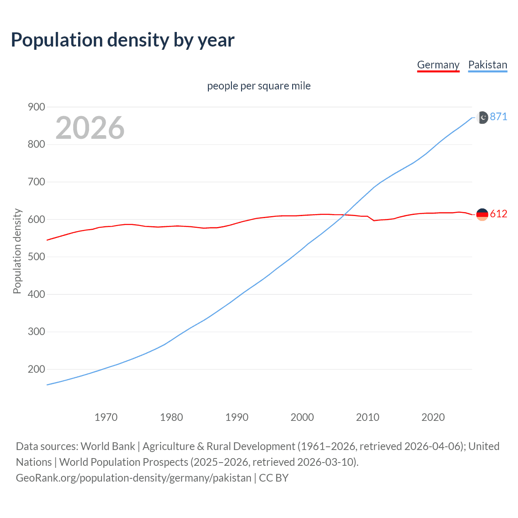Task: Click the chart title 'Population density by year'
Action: coord(123,40)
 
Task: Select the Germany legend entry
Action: coord(438,65)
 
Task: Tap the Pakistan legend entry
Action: coord(487,65)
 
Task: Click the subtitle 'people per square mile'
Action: coord(259,86)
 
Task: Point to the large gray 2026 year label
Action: coord(90,128)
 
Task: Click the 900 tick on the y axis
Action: coord(36,107)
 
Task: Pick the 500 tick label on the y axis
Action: coord(36,257)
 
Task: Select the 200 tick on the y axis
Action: coord(36,369)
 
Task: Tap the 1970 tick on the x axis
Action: coord(106,417)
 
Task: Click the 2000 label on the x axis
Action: coord(302,417)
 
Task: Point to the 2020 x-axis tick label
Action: coord(433,417)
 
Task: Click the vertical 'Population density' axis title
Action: coord(17,251)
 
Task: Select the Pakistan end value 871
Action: coord(498,117)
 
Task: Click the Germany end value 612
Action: coord(498,214)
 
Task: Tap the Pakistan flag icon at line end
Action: coord(482,117)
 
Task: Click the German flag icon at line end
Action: coord(482,214)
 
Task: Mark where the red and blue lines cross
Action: coord(344,214)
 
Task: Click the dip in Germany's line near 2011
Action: coord(374,221)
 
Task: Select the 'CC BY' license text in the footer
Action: coord(274,478)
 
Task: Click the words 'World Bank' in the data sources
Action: coord(108,446)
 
